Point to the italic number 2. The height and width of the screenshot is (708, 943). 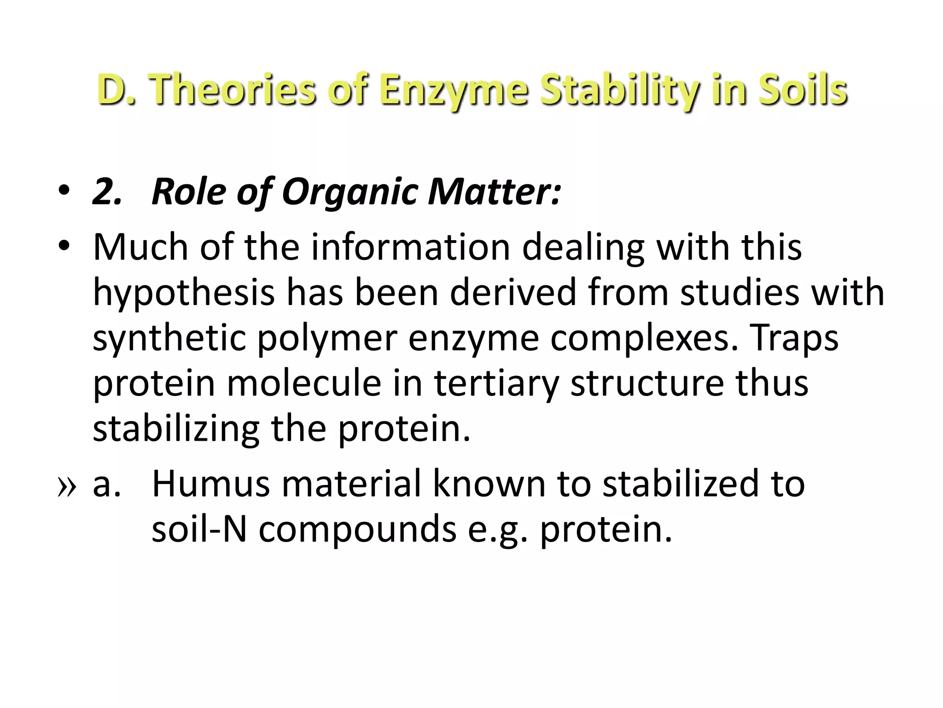click(x=107, y=191)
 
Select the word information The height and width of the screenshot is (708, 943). click(x=410, y=248)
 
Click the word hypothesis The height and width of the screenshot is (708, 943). click(x=184, y=294)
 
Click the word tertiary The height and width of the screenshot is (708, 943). click(x=496, y=384)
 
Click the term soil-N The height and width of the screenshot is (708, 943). click(x=199, y=529)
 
